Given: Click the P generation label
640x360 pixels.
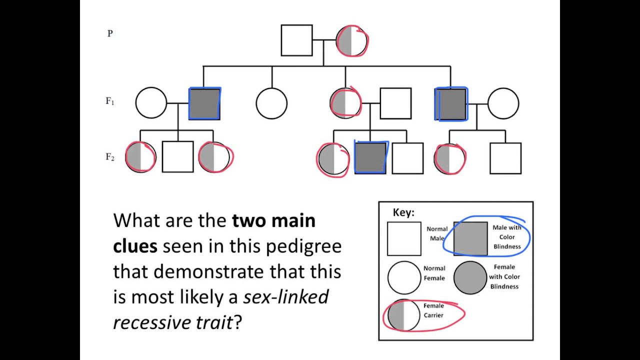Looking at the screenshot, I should [110, 33].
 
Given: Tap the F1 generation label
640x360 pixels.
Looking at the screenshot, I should [110, 101].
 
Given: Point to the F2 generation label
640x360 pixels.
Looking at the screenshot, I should [110, 157].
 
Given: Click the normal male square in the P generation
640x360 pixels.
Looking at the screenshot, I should [296, 40].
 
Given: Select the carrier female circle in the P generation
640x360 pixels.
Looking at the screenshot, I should [351, 41].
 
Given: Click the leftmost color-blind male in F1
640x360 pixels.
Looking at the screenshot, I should [204, 103].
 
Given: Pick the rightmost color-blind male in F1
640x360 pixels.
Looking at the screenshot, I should [451, 104].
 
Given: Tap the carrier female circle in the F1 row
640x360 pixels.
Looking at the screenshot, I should [345, 103].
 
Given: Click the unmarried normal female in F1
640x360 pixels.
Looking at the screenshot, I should [271, 103].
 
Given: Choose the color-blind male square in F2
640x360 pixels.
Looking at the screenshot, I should [370, 158].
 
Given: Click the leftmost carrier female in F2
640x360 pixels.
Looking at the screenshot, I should [140, 157].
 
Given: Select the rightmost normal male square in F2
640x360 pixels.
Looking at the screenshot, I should [505, 158].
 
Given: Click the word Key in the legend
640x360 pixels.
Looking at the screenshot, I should [403, 212].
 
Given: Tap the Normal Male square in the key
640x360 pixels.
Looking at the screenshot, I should [404, 238].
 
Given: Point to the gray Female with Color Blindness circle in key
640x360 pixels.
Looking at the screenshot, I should [470, 277].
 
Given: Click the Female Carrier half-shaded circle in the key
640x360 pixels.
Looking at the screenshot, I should [403, 315].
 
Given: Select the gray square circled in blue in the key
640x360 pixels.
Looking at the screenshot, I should [470, 238].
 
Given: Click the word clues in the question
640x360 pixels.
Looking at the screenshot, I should [135, 246].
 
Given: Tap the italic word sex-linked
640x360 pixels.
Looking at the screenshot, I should [286, 297].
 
